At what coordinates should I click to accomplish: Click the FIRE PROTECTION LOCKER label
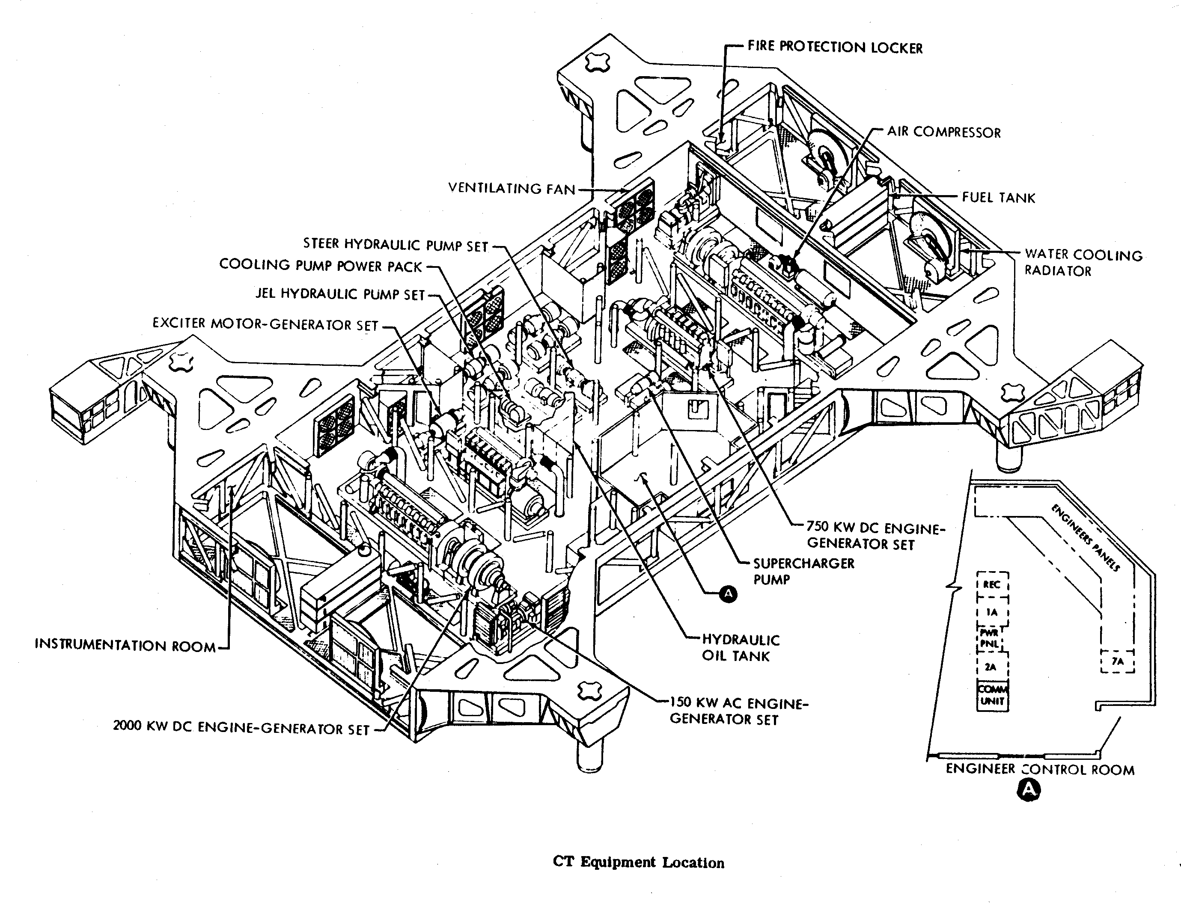tap(835, 47)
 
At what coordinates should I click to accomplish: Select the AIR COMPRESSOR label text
tap(943, 132)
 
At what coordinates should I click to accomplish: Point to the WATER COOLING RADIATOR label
tap(1083, 262)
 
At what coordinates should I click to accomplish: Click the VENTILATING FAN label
tap(512, 188)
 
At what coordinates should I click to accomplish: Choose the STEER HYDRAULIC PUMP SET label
tap(396, 244)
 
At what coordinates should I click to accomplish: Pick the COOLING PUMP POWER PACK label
tap(320, 266)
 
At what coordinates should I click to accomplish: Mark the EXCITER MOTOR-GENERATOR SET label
tap(265, 324)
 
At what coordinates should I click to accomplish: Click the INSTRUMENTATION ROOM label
tap(125, 645)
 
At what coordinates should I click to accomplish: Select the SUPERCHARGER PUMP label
tap(803, 571)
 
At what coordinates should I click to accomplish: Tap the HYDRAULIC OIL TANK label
tap(740, 647)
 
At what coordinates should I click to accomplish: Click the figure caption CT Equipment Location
tap(638, 863)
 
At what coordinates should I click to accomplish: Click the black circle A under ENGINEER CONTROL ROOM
tap(1029, 790)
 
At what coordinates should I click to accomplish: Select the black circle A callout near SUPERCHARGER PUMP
tap(728, 594)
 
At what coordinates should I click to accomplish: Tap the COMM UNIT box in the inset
tap(992, 695)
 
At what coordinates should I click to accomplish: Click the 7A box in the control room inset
tap(1118, 661)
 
